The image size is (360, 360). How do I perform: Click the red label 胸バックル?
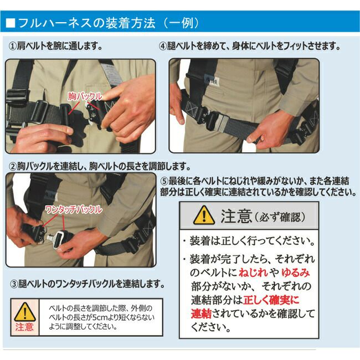click(x=85, y=96)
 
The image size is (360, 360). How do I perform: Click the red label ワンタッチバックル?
click(x=74, y=209)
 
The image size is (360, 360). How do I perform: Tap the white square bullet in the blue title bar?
click(x=11, y=23)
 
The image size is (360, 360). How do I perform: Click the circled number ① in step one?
click(x=12, y=46)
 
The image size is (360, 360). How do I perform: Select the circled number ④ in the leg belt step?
click(x=163, y=46)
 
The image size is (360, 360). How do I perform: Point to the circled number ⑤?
click(x=164, y=181)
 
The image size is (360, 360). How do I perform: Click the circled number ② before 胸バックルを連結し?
click(x=12, y=166)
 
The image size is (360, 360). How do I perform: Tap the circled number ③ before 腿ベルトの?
click(x=14, y=284)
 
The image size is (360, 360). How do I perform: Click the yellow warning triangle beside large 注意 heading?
click(x=204, y=215)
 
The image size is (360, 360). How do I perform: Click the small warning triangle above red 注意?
click(x=25, y=312)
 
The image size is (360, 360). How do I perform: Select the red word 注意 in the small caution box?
click(x=24, y=327)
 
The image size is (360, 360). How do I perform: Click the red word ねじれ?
click(x=253, y=272)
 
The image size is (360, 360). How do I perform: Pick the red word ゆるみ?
click(x=296, y=272)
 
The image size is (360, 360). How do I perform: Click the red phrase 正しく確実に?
click(x=271, y=300)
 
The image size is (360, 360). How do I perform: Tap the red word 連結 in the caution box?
click(x=201, y=313)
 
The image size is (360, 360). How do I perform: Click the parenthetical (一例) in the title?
click(x=182, y=23)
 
